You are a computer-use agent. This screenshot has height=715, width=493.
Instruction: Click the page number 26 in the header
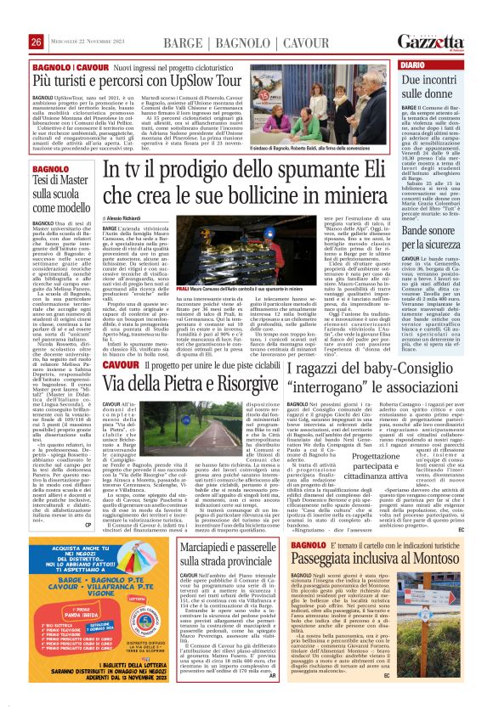(36, 41)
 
